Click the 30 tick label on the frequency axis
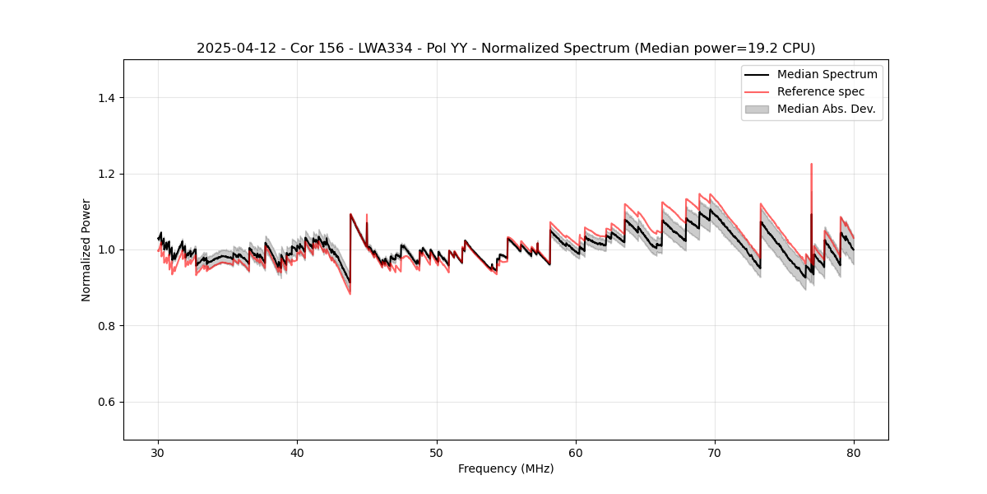159,452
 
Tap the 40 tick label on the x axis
298,452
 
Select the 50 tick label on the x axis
437,452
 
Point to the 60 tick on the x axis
576,452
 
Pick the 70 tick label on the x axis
715,452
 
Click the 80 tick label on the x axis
854,452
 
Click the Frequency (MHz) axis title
506,468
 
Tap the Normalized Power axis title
86,249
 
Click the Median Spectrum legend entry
827,74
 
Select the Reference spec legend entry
820,91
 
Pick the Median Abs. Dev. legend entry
826,109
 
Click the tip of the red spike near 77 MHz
812,164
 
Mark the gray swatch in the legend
757,109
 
